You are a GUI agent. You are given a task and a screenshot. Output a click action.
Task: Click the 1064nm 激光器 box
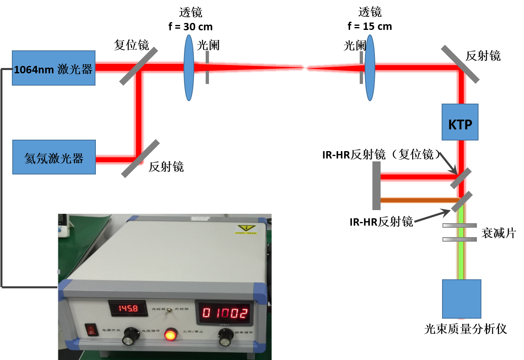tap(54, 68)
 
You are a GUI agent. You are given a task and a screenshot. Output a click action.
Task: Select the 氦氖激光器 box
tap(54, 157)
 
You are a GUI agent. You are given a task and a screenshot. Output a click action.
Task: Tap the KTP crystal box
tap(460, 122)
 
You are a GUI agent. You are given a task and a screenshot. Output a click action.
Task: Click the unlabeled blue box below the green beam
tap(461, 299)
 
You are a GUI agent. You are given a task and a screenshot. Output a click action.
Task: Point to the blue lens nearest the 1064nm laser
tap(188, 68)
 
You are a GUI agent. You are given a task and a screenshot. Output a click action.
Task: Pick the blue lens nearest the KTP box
tap(370, 68)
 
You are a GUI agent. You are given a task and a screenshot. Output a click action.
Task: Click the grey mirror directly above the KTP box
tap(460, 64)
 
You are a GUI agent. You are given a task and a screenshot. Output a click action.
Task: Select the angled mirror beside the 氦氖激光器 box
tap(141, 158)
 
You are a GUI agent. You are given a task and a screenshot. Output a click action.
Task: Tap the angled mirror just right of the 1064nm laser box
tap(138, 66)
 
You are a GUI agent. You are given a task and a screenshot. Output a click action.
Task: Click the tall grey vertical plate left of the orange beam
tap(376, 186)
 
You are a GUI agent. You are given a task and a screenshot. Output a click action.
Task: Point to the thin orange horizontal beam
tap(418, 200)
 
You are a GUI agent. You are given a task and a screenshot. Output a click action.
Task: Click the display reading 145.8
tap(128, 308)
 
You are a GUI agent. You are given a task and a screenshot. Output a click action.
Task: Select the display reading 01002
tap(225, 313)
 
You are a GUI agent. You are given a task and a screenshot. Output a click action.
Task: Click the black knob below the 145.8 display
tap(130, 337)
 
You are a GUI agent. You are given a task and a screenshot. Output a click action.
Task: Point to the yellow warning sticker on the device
tap(246, 229)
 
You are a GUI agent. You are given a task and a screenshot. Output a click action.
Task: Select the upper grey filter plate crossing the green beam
tap(460, 225)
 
